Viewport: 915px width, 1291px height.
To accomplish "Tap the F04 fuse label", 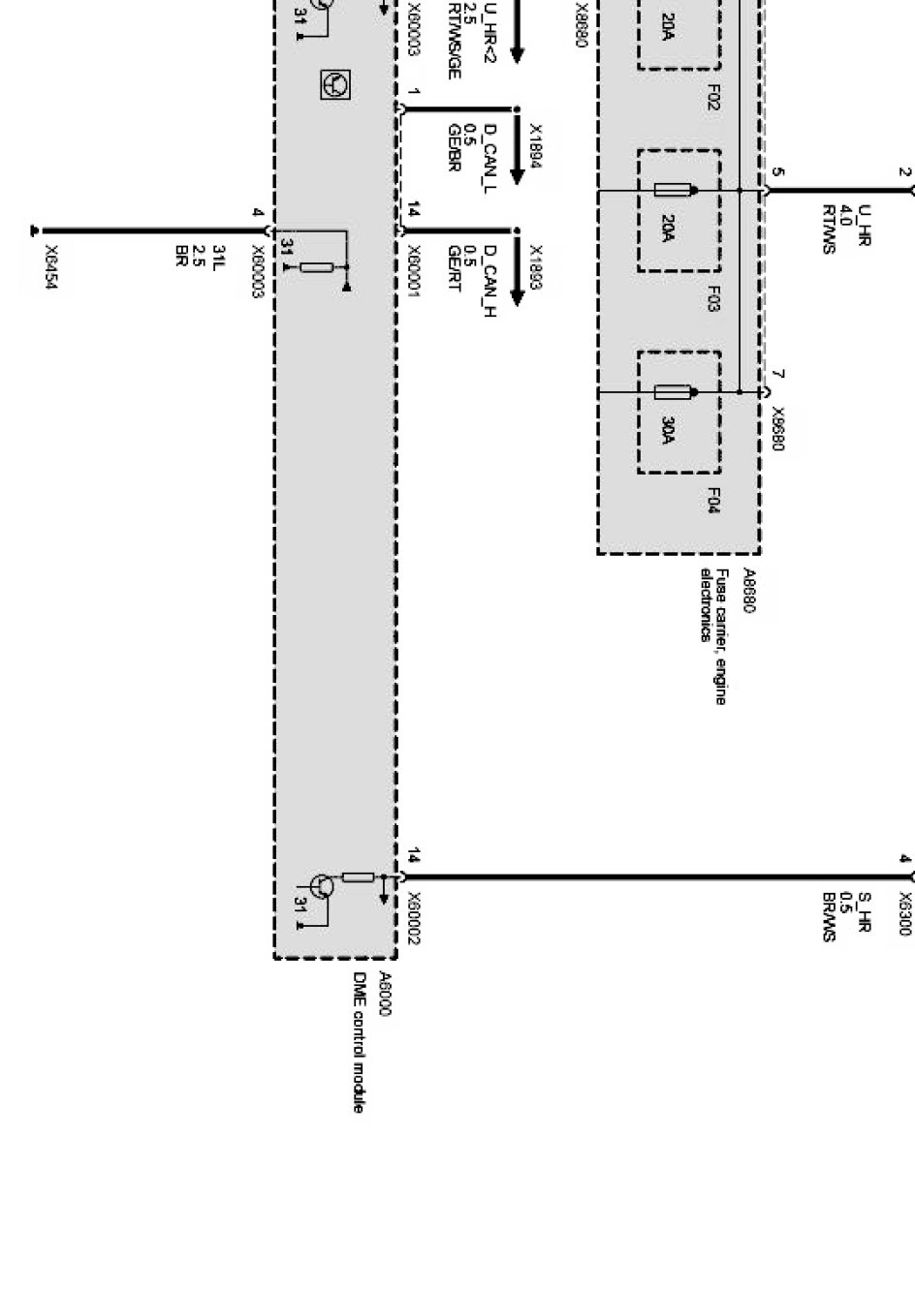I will click(x=712, y=500).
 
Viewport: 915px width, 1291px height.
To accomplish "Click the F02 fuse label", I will click(x=712, y=97).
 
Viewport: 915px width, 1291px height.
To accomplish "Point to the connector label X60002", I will click(x=413, y=918).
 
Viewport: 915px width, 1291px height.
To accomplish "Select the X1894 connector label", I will click(x=536, y=146).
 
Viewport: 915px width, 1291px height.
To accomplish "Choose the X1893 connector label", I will click(x=536, y=267).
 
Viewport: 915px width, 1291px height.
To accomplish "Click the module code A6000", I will click(x=384, y=994).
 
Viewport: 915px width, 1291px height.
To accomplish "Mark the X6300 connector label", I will click(x=904, y=913).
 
